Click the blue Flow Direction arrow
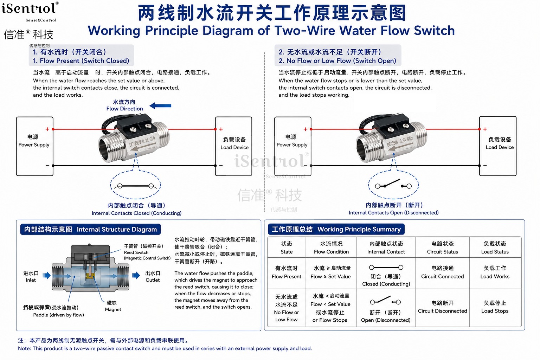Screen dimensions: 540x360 (160, 105)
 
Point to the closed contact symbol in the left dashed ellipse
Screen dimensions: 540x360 (135, 186)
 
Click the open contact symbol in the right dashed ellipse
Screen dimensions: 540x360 (393, 184)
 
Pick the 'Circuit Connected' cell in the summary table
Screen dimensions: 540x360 (442, 272)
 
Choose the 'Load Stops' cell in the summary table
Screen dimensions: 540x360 (495, 308)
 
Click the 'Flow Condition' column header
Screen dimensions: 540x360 (331, 247)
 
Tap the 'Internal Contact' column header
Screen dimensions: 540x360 (386, 247)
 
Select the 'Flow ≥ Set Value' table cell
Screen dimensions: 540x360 (331, 273)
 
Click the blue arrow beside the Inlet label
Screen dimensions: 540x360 (46, 275)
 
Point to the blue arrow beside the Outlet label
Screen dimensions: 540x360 (136, 275)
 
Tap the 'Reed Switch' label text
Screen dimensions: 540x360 (136, 252)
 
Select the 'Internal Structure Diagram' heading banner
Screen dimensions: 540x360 (90, 229)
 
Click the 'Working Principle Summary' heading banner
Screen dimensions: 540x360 (336, 229)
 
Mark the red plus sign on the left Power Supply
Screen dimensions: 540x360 (47, 129)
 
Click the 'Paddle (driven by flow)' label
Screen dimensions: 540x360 (59, 315)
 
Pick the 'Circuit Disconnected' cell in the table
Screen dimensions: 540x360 (442, 308)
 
